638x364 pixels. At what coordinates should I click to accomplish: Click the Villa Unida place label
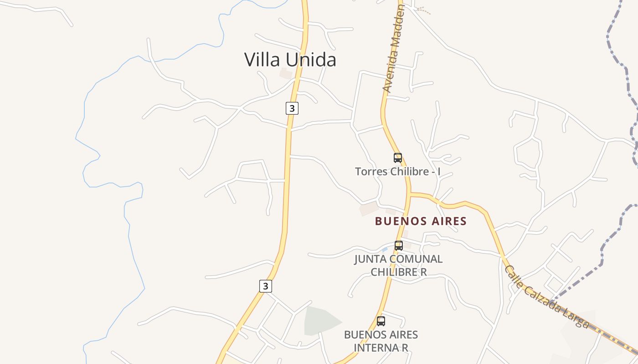290,60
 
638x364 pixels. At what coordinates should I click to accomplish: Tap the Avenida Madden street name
394,50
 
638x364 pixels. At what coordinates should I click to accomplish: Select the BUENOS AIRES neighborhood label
421,222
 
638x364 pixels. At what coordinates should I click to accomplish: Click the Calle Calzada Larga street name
546,297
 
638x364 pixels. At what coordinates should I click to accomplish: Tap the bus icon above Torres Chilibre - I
398,158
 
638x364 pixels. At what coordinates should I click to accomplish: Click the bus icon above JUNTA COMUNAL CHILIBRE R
399,246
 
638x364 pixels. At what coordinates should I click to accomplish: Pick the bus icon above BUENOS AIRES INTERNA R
381,321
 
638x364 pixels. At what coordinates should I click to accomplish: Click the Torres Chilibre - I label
397,172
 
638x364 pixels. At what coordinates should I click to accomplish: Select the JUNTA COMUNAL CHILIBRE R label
398,265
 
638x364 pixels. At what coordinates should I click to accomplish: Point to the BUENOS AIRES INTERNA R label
381,341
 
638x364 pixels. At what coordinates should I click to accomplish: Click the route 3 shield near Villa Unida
292,108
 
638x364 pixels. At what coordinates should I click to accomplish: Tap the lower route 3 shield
266,286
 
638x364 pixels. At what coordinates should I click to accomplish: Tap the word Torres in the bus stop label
370,172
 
